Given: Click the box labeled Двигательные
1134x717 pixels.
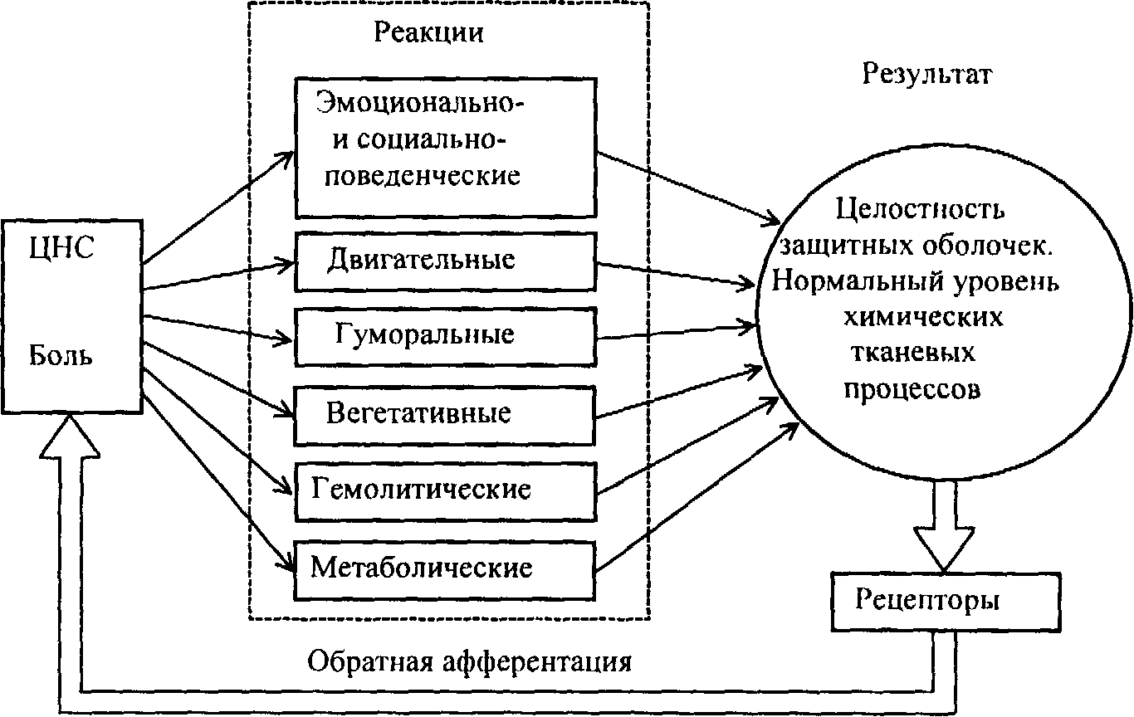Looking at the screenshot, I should pos(446,261).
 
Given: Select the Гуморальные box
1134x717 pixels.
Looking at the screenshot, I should pos(446,335).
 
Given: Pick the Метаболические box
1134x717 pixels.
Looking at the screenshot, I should pos(446,568).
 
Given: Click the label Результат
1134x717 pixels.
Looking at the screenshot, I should pos(927,74).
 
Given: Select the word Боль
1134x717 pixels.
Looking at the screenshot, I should pos(61,357).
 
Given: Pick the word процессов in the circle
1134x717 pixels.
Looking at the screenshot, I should pos(912,388).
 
